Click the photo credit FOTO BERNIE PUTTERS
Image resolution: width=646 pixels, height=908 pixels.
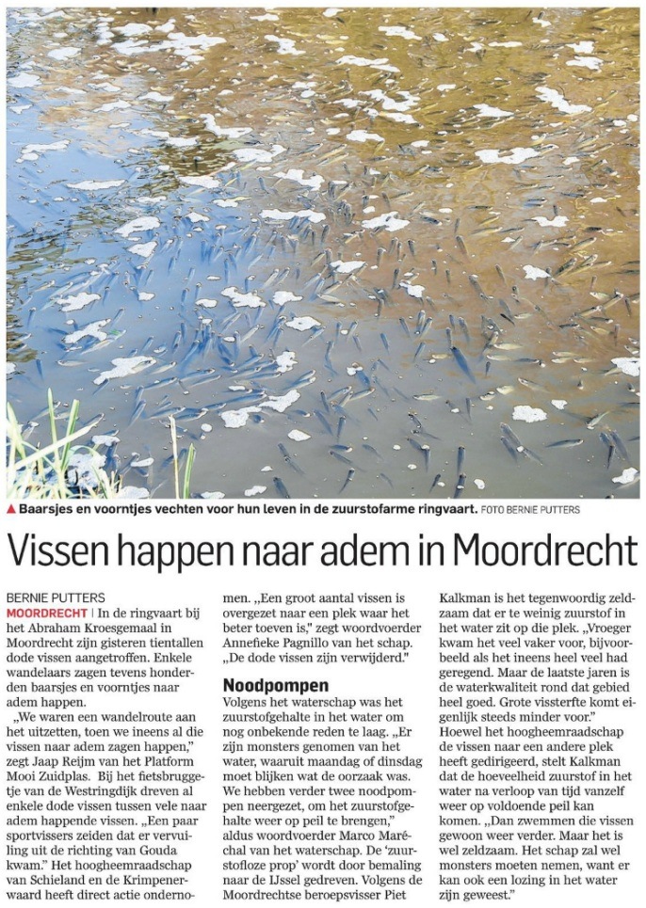pos(530,510)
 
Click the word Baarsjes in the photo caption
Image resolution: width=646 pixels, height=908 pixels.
pos(47,509)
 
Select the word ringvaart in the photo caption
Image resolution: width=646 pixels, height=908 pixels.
pos(441,509)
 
